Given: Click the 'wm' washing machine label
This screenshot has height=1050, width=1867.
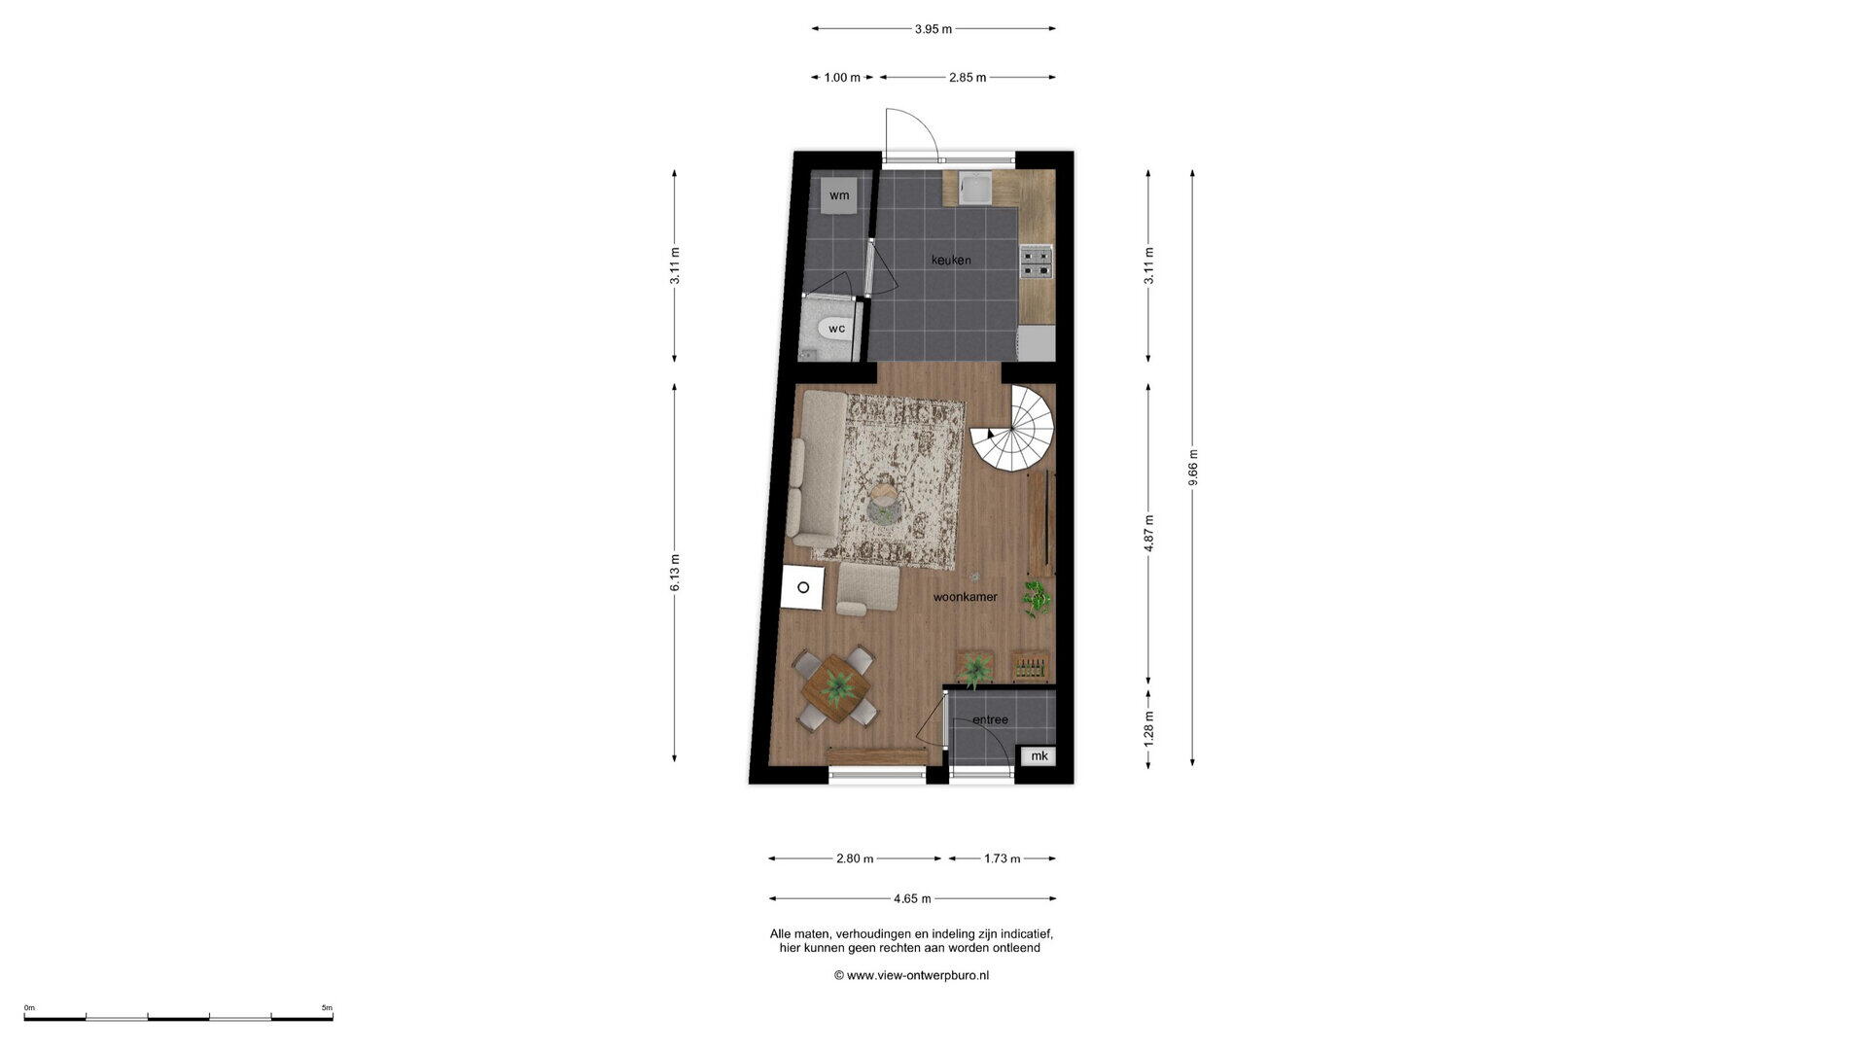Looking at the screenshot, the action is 839,195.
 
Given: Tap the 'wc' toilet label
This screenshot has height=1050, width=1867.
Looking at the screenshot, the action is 836,329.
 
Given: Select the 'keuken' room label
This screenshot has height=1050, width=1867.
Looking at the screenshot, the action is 951,260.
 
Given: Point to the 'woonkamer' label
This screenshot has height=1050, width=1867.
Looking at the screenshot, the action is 966,597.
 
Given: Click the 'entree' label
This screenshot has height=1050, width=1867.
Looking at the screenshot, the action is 990,719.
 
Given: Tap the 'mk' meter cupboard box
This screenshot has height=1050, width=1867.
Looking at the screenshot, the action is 1039,756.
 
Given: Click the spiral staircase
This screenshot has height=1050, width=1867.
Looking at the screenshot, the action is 1013,430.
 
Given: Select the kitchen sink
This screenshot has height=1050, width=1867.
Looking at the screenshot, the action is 975,188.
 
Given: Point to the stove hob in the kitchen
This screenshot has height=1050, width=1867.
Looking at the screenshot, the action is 1037,261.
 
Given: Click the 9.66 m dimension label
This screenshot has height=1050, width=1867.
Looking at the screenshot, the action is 1193,468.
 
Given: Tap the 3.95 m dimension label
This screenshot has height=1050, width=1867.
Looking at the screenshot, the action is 933,29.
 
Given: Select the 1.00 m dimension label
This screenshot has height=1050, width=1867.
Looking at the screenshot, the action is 842,78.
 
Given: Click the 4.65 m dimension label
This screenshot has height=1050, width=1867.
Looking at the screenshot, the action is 912,899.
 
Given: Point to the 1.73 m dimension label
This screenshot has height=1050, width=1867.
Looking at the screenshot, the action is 1003,858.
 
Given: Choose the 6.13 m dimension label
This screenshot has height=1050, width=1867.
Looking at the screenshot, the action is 675,573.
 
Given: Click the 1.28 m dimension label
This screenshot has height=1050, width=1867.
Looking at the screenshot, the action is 1148,729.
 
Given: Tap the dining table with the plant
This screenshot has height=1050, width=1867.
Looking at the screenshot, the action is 836,688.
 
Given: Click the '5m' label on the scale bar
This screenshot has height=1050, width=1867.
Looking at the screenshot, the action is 327,1008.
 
